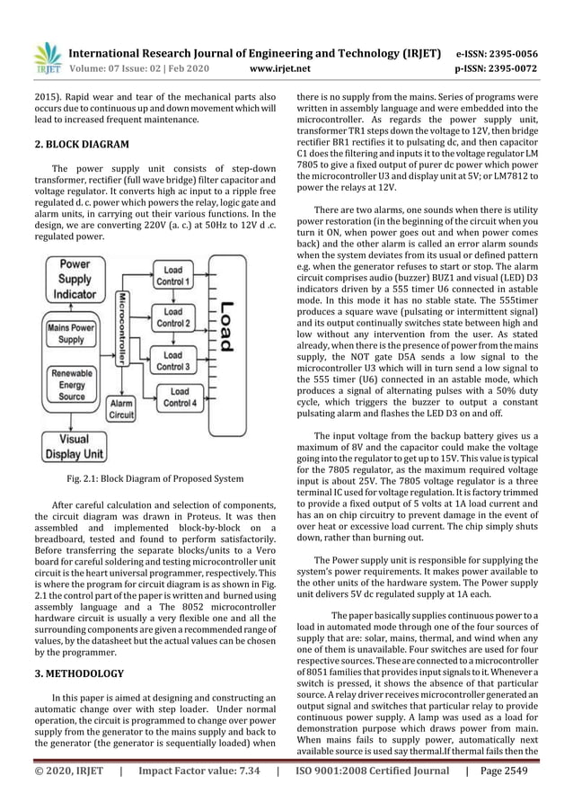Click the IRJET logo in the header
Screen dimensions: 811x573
point(46,55)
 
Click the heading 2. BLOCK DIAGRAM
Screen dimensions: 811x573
point(82,143)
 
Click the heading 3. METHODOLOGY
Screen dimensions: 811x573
point(81,672)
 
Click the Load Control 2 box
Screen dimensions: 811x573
point(172,316)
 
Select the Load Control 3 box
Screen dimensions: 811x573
point(172,361)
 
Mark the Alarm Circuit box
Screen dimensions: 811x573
point(120,410)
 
